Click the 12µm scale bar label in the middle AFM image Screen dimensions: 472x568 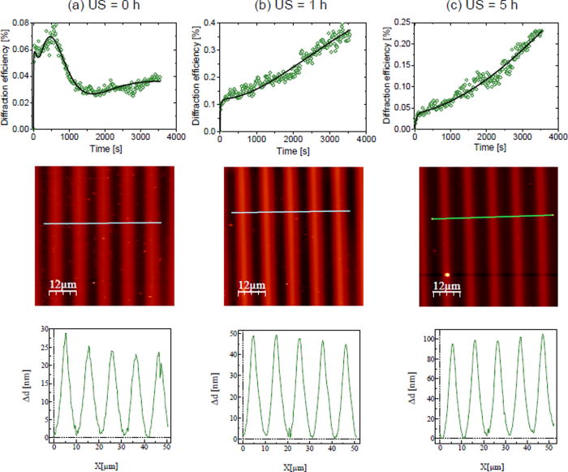pos(253,284)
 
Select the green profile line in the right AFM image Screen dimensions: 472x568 pos(492,217)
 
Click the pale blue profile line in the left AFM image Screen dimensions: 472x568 pos(102,223)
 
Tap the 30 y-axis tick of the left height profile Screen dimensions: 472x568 pos(43,330)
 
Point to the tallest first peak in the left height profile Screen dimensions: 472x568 pos(66,334)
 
